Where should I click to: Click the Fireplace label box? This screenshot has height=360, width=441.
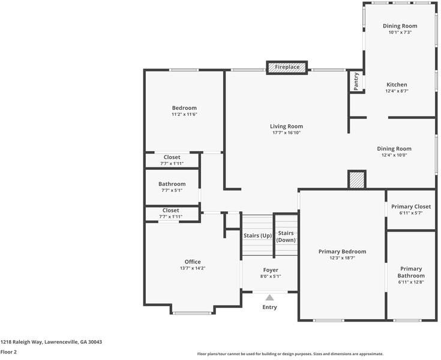coord(287,67)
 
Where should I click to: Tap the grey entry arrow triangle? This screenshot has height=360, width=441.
coord(270,298)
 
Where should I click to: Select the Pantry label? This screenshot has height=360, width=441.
coord(356,82)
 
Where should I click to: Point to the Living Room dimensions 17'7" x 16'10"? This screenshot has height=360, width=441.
coord(287,133)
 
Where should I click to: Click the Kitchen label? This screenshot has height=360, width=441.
coord(397,85)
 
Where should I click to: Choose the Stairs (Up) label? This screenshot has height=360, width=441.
coord(257,236)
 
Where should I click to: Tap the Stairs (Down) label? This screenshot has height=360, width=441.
coord(286,236)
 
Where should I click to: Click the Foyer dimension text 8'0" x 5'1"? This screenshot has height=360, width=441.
coord(271,277)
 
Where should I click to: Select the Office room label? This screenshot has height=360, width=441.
coord(193,262)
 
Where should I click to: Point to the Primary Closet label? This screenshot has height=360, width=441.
coord(411,207)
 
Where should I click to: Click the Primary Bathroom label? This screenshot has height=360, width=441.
coord(411,272)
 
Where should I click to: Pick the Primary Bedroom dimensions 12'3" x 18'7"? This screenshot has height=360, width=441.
coord(342,257)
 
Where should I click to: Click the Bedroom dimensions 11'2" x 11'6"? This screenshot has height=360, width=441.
coord(184,115)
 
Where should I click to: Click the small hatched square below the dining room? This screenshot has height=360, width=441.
coord(357,180)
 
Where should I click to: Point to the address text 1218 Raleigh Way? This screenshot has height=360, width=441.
coord(22,342)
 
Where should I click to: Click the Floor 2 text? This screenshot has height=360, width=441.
coord(8,352)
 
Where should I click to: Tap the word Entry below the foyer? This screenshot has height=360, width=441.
coord(269,307)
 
